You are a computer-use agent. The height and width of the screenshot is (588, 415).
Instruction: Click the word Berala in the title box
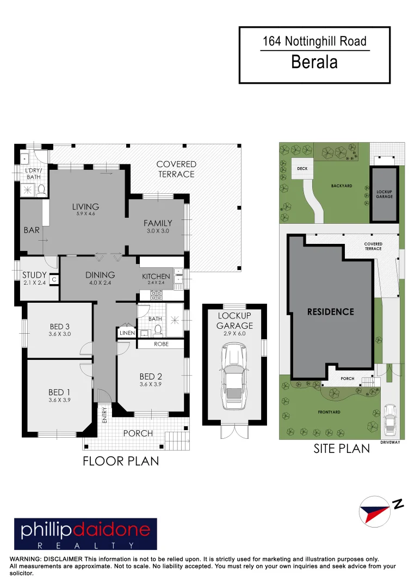point(314,62)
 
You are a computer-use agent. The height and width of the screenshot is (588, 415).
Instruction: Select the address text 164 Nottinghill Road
point(314,41)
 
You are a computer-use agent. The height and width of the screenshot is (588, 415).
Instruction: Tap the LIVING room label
point(85,206)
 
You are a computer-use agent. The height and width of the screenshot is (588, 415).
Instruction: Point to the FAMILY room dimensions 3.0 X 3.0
point(158,231)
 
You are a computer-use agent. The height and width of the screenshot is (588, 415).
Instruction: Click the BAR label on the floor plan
point(32,230)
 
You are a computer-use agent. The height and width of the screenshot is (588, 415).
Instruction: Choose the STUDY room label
point(34,275)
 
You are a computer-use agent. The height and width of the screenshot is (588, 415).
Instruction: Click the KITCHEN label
point(156,276)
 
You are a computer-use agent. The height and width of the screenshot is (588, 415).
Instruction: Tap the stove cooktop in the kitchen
point(156,295)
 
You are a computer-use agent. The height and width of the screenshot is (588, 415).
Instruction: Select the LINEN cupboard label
point(127,333)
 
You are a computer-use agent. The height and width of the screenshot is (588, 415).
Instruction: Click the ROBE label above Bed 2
point(161,344)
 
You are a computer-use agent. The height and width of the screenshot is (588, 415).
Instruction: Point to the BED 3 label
point(59,327)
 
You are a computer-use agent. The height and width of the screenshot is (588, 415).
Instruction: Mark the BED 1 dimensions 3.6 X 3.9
point(59,400)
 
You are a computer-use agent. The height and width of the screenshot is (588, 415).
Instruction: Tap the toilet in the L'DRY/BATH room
point(41,189)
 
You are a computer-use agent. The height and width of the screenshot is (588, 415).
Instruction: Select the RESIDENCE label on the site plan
point(330,312)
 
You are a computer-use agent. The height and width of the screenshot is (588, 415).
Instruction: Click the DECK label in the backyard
point(302,169)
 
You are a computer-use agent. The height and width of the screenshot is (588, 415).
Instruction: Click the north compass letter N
point(399,505)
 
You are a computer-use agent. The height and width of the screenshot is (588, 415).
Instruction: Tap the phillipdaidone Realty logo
point(85,534)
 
